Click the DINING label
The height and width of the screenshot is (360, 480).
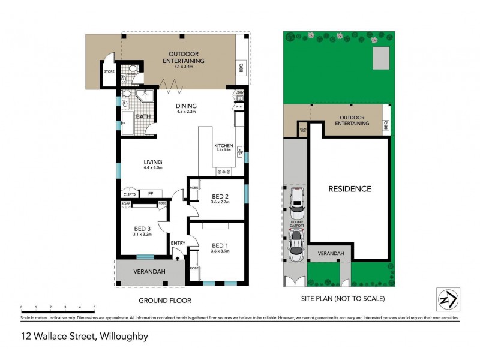tap(187, 106)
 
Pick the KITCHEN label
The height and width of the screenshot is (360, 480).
tap(224, 146)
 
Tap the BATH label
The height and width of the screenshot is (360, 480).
tap(143, 116)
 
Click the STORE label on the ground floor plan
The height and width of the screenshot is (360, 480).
tap(109, 72)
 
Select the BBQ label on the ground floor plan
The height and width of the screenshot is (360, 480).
tap(241, 66)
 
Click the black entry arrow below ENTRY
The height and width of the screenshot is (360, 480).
tap(178, 256)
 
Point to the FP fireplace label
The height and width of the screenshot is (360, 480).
tap(151, 193)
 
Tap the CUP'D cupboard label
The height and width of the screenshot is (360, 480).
tap(129, 194)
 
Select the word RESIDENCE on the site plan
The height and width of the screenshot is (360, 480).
tap(349, 189)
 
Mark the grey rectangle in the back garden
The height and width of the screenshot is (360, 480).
tap(380, 59)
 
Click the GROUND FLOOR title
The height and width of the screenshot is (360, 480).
tap(164, 300)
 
